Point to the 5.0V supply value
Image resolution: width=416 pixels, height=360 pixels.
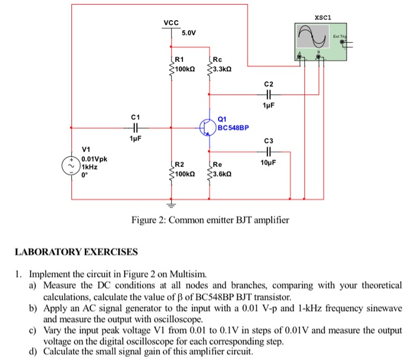188,32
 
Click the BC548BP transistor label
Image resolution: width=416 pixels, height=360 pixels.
234,128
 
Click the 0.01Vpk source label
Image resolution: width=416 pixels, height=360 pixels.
95,159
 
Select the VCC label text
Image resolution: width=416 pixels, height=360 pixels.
171,23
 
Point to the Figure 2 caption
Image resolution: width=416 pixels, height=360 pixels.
210,220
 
